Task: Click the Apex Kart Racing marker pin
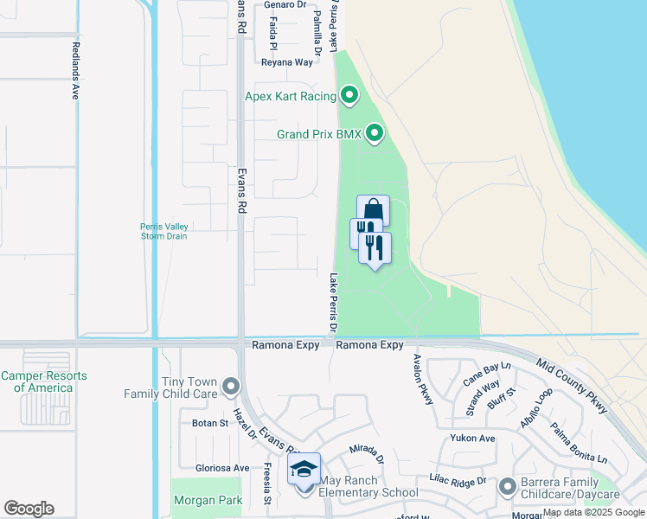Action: point(349,95)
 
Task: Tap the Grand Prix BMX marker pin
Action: point(375,133)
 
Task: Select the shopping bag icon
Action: point(373,210)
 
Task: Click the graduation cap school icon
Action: point(304,469)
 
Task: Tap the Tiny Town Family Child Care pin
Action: point(230,385)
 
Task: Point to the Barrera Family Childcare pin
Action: point(507,488)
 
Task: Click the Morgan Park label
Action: point(208,500)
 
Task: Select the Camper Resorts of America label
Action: point(44,381)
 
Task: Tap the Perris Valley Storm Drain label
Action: point(164,232)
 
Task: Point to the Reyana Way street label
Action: point(287,62)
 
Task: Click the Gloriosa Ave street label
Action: point(222,468)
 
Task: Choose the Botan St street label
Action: point(209,424)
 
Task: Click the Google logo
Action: point(29,509)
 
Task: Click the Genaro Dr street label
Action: point(285,4)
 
